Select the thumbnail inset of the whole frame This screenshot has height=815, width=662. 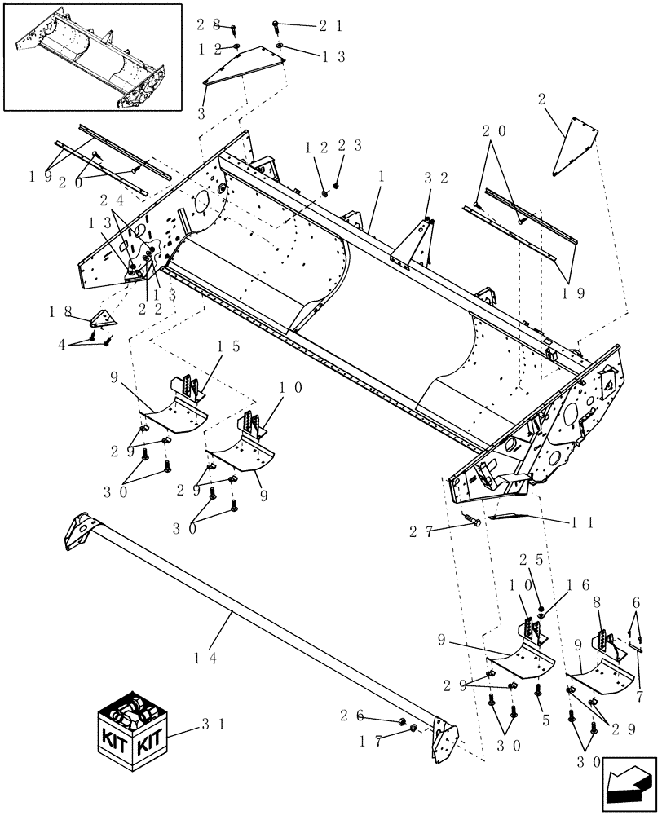click(92, 56)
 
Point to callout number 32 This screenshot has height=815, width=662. click(433, 177)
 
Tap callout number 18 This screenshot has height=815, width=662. click(60, 311)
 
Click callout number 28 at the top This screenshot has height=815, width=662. click(208, 25)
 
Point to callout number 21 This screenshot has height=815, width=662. click(330, 26)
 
